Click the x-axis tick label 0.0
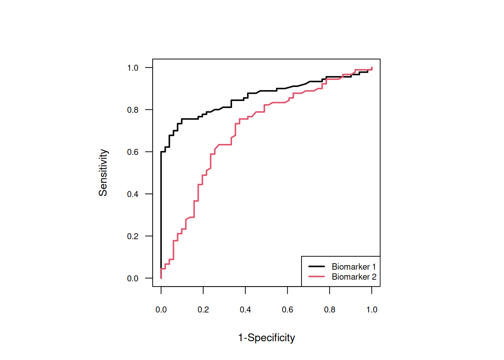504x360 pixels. [x=161, y=310]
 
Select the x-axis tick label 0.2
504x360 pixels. [x=203, y=310]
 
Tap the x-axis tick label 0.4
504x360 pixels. [x=245, y=310]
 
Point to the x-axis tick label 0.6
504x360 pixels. [x=288, y=310]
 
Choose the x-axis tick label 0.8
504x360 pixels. [x=330, y=310]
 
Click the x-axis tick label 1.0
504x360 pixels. [x=372, y=310]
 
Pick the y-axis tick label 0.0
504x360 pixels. [x=133, y=279]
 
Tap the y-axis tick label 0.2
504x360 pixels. [x=133, y=236]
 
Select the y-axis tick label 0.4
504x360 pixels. [x=133, y=194]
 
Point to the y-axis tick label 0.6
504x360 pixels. [x=133, y=152]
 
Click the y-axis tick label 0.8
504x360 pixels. [x=133, y=110]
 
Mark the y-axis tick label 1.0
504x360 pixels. [x=133, y=68]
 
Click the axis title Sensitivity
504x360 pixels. [x=103, y=172]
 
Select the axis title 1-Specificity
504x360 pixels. [x=267, y=338]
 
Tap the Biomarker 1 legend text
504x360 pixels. [x=354, y=267]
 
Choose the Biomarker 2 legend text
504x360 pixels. [x=354, y=277]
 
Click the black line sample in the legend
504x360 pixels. [x=316, y=267]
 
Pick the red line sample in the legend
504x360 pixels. [x=316, y=277]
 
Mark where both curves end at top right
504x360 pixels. [x=372, y=68]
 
